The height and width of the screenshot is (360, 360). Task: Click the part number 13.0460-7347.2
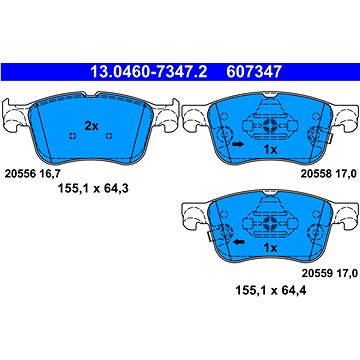(149, 72)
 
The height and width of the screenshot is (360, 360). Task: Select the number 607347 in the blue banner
(254, 72)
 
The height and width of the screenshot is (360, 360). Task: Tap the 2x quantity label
(91, 126)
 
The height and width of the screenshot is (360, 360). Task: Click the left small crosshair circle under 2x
(73, 136)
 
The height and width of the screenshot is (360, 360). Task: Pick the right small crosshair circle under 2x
(109, 136)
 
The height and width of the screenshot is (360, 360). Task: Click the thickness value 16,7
(47, 174)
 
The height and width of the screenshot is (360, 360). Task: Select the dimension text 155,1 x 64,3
(93, 189)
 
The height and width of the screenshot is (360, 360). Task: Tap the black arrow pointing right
(238, 144)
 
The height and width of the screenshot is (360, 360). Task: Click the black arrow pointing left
(238, 242)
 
